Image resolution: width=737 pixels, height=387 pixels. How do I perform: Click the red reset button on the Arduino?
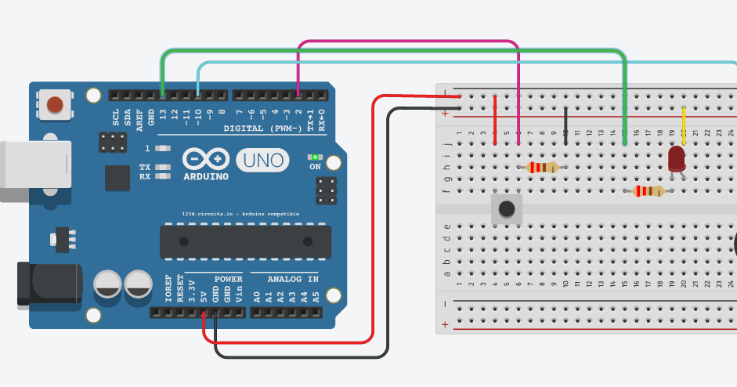tap(55, 104)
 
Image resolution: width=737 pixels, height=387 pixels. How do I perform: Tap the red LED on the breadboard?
tap(676, 160)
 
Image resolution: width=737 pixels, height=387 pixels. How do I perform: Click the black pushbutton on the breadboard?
tap(506, 208)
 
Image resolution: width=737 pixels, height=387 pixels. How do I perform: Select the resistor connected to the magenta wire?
tap(543, 167)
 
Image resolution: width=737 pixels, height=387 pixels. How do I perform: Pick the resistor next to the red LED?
tap(648, 191)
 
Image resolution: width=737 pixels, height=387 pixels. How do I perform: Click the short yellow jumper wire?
tap(684, 125)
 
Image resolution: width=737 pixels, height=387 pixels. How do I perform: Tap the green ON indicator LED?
tap(316, 157)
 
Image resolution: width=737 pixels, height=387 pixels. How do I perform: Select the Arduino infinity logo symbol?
tap(206, 159)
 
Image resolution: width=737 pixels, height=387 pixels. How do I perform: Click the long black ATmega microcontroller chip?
tap(245, 241)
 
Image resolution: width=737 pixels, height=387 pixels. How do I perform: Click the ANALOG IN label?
tap(293, 279)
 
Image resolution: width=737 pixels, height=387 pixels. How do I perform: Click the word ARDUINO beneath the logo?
tap(206, 176)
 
